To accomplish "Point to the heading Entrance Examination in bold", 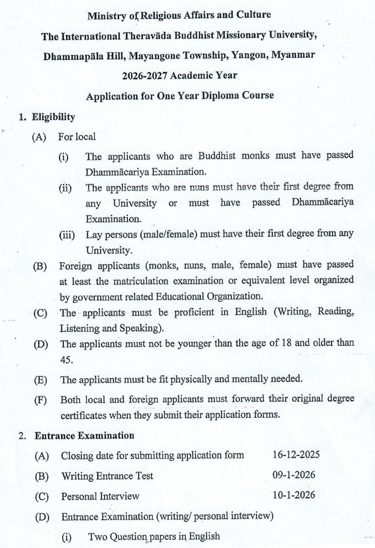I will coord(85,435).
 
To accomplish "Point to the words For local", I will coord(77,137).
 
